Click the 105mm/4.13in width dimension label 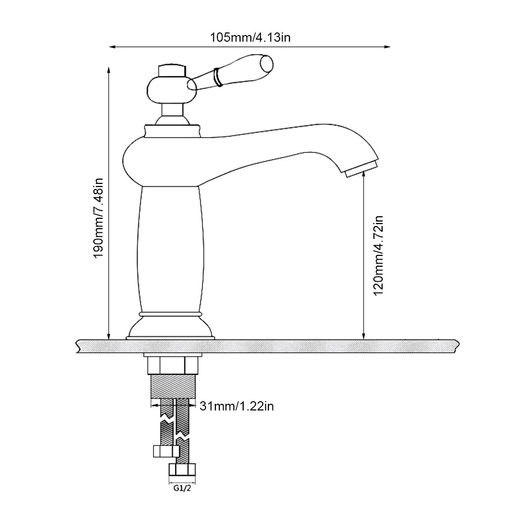click(x=250, y=38)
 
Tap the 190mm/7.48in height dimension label click(x=98, y=218)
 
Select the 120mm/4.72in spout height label click(x=379, y=255)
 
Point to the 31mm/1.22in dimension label click(x=236, y=406)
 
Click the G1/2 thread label click(x=182, y=488)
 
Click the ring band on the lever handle click(x=217, y=77)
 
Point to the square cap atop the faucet click(x=172, y=71)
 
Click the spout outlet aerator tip click(x=362, y=168)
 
